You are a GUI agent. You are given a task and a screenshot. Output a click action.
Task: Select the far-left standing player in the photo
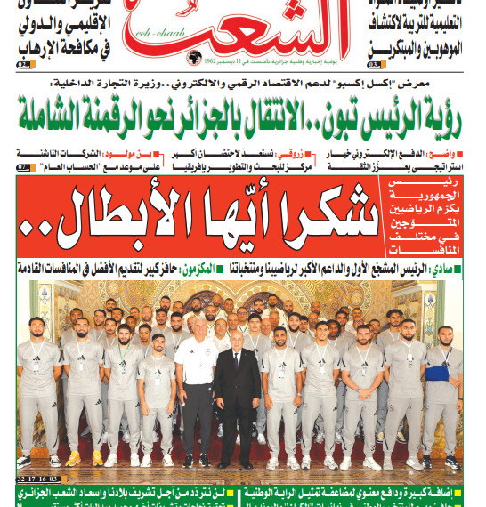click(x=37, y=391)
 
